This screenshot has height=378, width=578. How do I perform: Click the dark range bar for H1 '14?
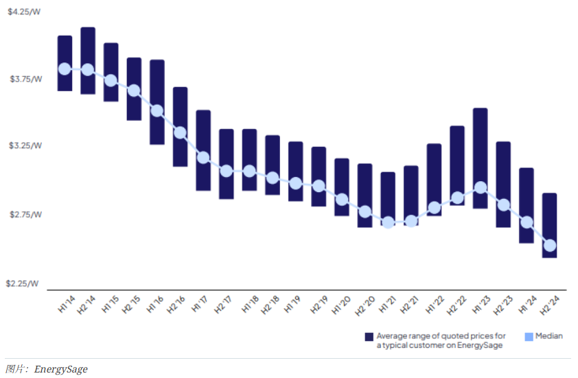point(65,48)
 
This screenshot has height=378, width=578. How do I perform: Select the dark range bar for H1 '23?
point(481,137)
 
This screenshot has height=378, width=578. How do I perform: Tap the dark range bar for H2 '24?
point(549,213)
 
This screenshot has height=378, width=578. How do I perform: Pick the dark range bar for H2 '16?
point(181,110)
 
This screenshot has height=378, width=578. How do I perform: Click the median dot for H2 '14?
point(88,69)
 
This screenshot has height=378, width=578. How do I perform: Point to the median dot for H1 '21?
point(388,222)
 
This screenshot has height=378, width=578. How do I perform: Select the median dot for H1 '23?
point(481,187)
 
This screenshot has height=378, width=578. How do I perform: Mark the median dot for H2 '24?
point(549,246)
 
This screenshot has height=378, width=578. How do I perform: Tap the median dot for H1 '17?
point(203,157)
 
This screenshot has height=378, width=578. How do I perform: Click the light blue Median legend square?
point(529,336)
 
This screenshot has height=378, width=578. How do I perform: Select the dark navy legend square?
point(369,336)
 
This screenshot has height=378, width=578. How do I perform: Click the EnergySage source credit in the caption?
point(61,369)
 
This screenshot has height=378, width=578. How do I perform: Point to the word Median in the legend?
point(549,336)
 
